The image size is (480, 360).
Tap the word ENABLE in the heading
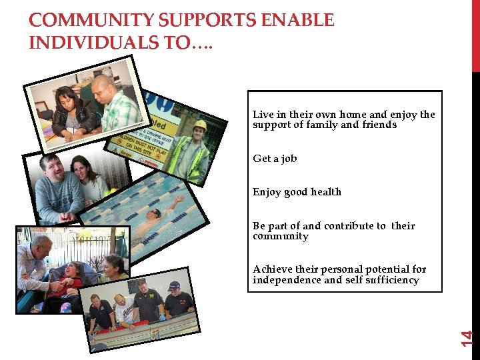[299, 21]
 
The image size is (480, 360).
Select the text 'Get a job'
[275, 159]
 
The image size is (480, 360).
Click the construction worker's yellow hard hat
[199, 125]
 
